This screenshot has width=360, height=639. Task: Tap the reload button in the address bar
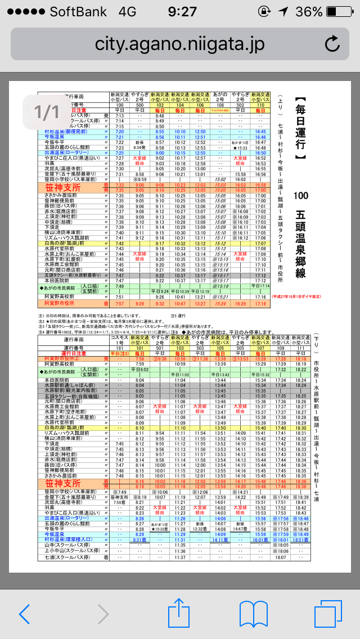click(x=332, y=43)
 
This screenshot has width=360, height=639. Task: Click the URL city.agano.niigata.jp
click(x=179, y=43)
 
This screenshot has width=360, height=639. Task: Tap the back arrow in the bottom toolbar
click(x=24, y=614)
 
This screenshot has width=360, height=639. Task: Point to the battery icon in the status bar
click(x=338, y=12)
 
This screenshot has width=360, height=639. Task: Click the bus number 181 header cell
click(x=119, y=348)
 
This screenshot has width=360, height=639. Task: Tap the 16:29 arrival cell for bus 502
click(x=240, y=304)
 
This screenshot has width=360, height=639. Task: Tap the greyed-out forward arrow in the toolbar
click(x=102, y=614)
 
